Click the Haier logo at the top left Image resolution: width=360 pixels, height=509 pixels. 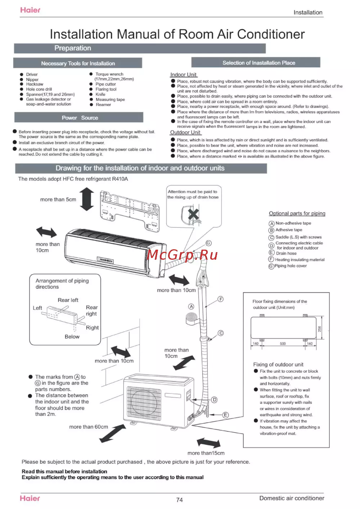pyautogui.click(x=30, y=10)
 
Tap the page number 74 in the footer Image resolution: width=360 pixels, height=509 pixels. pyautogui.click(x=179, y=500)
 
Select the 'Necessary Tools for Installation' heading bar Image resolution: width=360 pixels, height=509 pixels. pyautogui.click(x=78, y=63)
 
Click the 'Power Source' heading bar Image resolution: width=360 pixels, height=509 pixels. pyautogui.click(x=80, y=118)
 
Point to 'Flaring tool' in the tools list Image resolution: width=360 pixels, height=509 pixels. pyautogui.click(x=106, y=89)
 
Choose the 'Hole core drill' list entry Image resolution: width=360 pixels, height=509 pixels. pyautogui.click(x=39, y=89)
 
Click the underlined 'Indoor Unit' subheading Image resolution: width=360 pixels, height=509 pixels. pyautogui.click(x=183, y=74)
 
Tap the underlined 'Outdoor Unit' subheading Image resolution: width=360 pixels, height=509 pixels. pyautogui.click(x=185, y=132)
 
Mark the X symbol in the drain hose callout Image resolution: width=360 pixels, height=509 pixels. pyautogui.click(x=193, y=214)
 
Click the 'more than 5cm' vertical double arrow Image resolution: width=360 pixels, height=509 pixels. pyautogui.click(x=87, y=199)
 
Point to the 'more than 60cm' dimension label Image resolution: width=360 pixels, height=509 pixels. pyautogui.click(x=89, y=427)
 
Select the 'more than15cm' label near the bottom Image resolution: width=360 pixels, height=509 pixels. pyautogui.click(x=206, y=453)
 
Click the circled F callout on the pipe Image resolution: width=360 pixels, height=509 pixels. pyautogui.click(x=221, y=299)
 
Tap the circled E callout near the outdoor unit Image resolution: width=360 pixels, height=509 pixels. pyautogui.click(x=225, y=415)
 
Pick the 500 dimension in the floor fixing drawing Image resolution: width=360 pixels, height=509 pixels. pyautogui.click(x=283, y=344)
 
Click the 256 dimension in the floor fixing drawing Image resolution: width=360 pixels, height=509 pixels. pyautogui.click(x=319, y=329)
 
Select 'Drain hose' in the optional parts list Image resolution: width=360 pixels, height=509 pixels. pyautogui.click(x=286, y=253)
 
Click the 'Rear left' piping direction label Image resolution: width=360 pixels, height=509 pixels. pyautogui.click(x=68, y=300)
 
